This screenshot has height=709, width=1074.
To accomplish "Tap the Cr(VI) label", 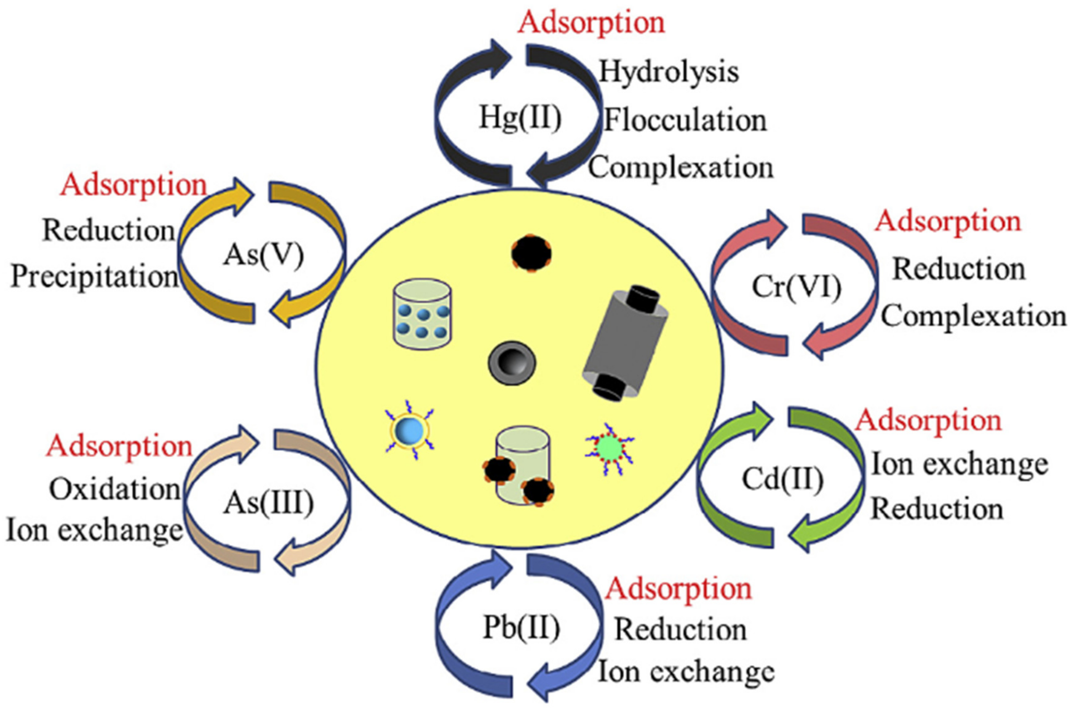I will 796,287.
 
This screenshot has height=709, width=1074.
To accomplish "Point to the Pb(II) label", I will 521,628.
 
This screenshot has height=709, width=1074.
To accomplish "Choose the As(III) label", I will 268,503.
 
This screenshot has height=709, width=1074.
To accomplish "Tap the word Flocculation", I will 685,121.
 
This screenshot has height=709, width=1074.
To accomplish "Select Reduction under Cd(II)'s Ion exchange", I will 937,509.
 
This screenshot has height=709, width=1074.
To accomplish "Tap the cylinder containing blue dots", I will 422,314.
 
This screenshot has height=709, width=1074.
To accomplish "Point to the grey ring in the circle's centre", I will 512,363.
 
